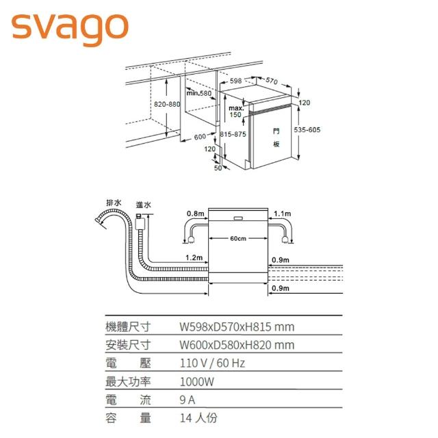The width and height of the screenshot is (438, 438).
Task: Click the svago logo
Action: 69,26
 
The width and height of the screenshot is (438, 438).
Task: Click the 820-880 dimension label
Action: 167,104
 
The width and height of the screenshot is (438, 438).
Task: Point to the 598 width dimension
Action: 236,81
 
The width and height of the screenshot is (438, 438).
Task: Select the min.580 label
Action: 199,92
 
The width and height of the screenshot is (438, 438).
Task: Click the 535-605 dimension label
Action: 307,130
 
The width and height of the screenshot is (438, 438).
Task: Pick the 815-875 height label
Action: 233,134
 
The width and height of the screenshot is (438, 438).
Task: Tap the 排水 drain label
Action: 114,203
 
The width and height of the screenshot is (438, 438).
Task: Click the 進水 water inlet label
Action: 144,205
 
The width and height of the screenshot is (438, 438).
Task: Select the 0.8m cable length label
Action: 195,214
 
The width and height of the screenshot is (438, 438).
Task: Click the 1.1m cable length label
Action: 282,214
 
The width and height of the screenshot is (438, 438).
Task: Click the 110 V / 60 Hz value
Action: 212,363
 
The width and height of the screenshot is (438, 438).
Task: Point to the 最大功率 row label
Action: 127,381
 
